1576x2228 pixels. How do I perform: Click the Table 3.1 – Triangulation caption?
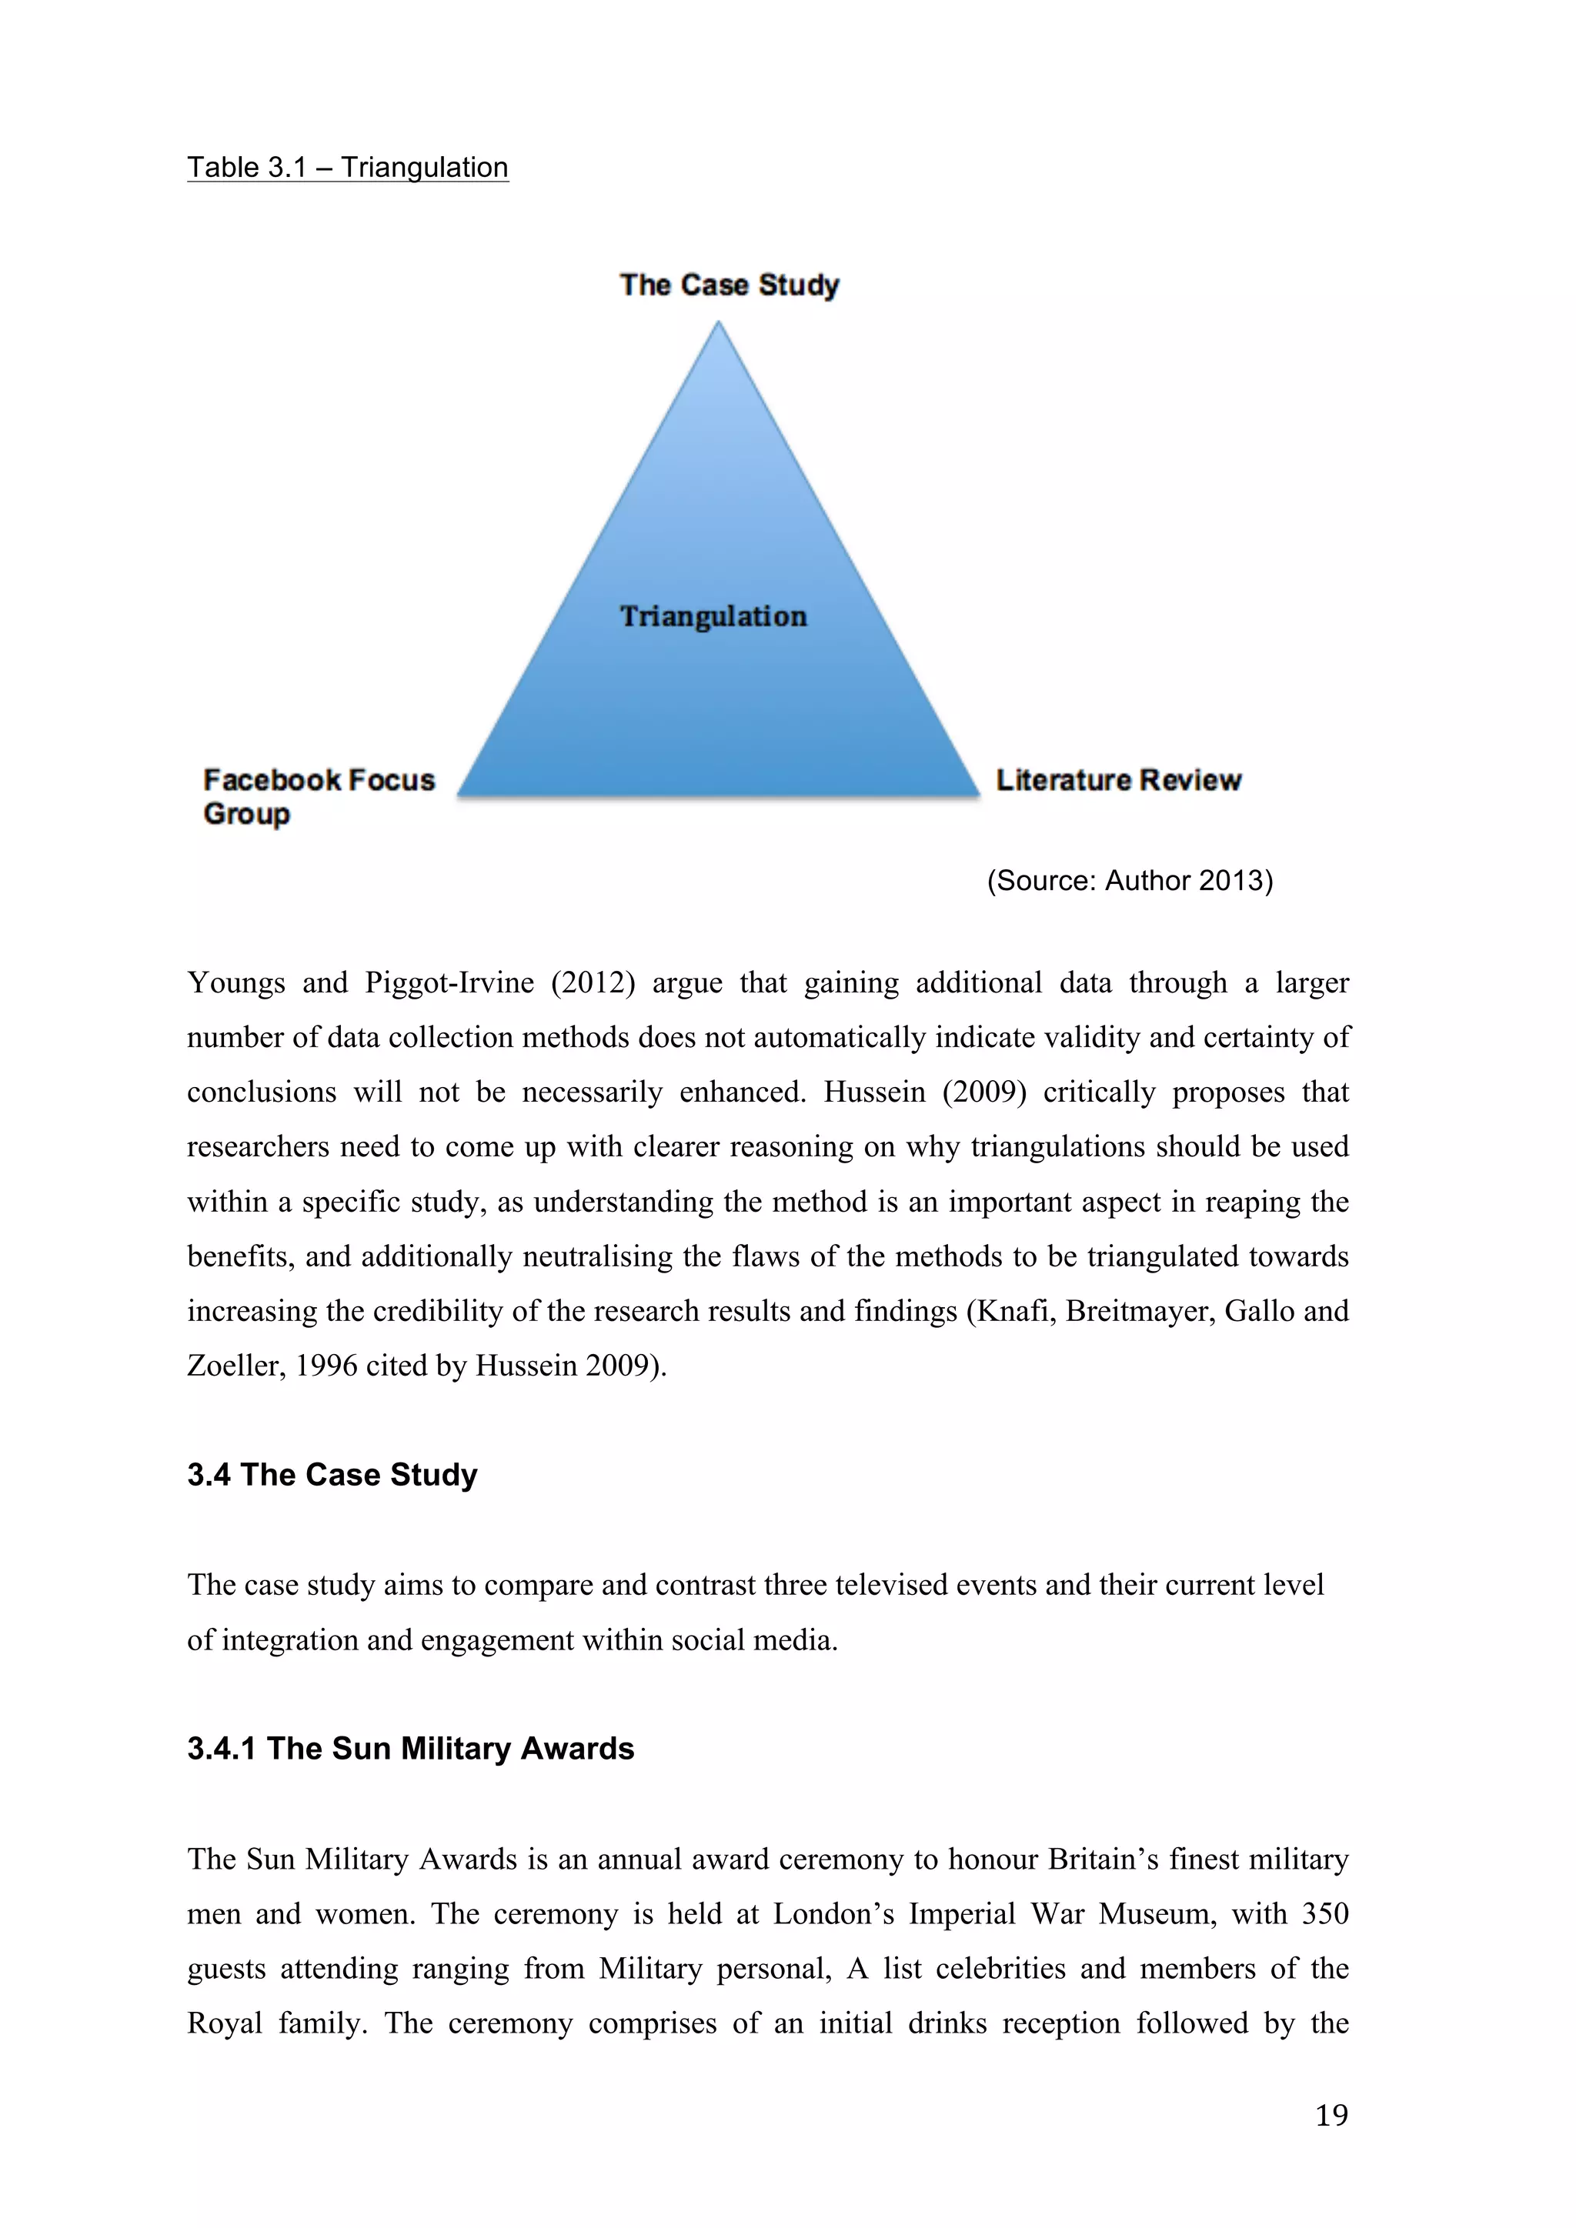coord(347,168)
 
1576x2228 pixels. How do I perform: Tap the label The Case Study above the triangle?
coord(729,285)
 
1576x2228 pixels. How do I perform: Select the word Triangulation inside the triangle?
coord(713,616)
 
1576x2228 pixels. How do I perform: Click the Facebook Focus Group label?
coord(319,795)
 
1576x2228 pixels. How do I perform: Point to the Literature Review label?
coord(1118,780)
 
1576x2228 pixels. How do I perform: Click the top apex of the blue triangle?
coord(718,325)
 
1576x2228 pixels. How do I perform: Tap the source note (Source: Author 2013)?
coord(1130,880)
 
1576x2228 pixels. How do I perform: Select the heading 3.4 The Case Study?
coord(332,1475)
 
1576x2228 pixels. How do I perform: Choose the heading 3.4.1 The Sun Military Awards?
coord(410,1749)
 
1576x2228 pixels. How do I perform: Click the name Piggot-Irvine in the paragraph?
coord(449,983)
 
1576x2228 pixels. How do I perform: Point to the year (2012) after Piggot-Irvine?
coord(593,983)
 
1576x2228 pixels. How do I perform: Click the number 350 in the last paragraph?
coord(1324,1913)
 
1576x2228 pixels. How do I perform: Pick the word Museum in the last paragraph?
coord(1157,1913)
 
